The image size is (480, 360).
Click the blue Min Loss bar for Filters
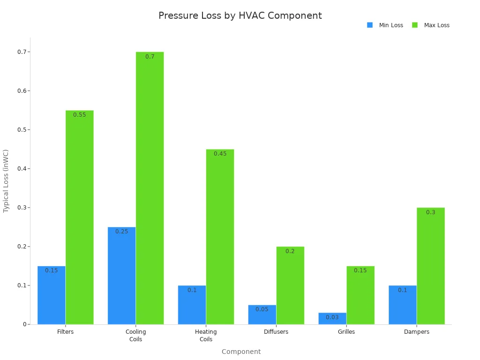pyautogui.click(x=52, y=295)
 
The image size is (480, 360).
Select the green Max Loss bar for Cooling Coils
pyautogui.click(x=150, y=187)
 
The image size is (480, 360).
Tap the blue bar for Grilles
pyautogui.click(x=332, y=319)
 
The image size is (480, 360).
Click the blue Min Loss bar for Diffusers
pyautogui.click(x=262, y=315)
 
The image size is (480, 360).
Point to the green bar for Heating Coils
pyautogui.click(x=220, y=237)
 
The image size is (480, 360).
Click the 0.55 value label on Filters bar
pyautogui.click(x=79, y=115)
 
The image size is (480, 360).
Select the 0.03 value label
pyautogui.click(x=332, y=317)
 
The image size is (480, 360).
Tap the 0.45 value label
pyautogui.click(x=220, y=154)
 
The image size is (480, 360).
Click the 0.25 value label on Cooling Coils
pyautogui.click(x=121, y=232)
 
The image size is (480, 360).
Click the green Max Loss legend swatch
pyautogui.click(x=415, y=25)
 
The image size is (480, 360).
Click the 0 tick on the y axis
pyautogui.click(x=24, y=324)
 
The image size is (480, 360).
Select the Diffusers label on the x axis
pyautogui.click(x=276, y=332)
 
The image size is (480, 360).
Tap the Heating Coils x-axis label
pyautogui.click(x=206, y=336)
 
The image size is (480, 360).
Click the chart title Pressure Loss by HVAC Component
pyautogui.click(x=240, y=15)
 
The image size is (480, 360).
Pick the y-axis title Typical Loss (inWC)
pyautogui.click(x=6, y=181)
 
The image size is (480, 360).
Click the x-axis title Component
pyautogui.click(x=241, y=352)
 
